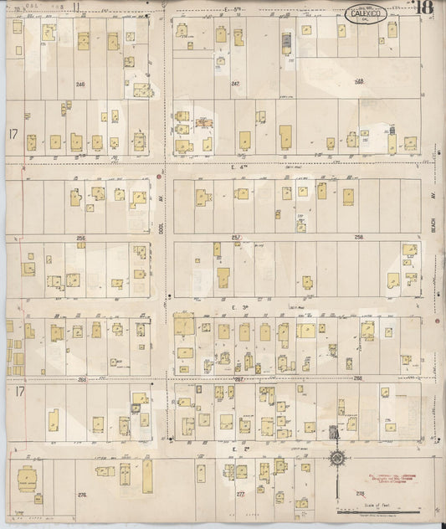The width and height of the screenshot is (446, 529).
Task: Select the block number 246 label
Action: (x=80, y=85)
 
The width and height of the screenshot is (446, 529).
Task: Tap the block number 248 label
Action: (x=359, y=82)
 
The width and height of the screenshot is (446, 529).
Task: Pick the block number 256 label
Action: (x=80, y=239)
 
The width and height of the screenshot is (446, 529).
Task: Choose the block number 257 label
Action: (x=237, y=238)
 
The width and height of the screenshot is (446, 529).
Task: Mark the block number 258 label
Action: (x=359, y=238)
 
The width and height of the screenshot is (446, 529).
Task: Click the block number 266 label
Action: (x=81, y=379)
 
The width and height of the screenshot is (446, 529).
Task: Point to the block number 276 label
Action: (x=82, y=496)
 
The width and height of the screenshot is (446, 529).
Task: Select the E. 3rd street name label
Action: (x=237, y=308)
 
